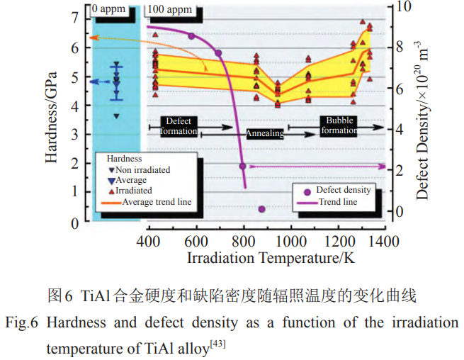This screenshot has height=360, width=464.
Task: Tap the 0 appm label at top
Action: (x=113, y=11)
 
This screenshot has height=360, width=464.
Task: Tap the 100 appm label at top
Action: (x=168, y=11)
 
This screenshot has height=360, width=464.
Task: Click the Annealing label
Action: (x=265, y=133)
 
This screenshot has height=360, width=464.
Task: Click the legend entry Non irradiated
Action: (x=142, y=170)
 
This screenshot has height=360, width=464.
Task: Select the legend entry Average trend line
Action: (x=156, y=202)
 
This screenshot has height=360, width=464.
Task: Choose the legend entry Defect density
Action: (x=342, y=191)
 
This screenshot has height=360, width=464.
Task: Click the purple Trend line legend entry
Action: (x=336, y=202)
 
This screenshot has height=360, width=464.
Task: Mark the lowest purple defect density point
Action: (x=262, y=209)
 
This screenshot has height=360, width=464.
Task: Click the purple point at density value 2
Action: (x=243, y=167)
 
